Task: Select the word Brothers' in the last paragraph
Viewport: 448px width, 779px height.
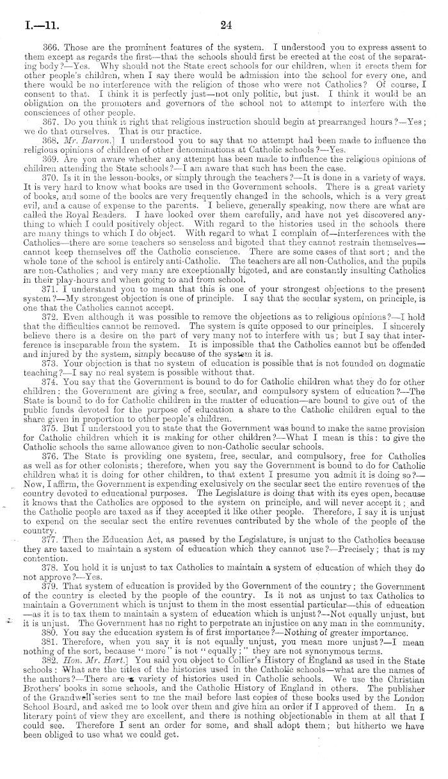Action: coord(44,715)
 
